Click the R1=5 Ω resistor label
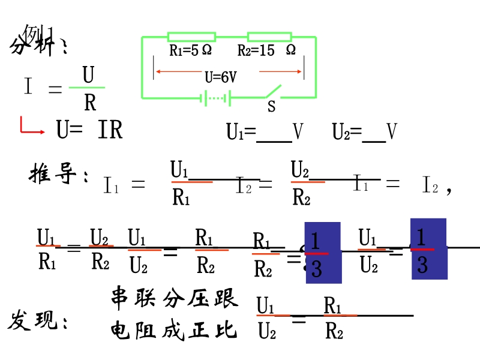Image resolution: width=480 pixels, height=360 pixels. [190, 51]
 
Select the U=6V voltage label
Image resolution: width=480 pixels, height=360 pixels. [221, 77]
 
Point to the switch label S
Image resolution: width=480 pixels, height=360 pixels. [271, 107]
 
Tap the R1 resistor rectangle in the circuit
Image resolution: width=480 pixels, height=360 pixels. [191, 37]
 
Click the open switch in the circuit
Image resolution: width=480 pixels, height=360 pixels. [272, 92]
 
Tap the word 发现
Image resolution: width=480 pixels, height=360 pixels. [37, 322]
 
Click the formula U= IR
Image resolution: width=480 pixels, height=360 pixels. [89, 130]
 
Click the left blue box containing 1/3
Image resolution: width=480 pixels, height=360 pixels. [323, 253]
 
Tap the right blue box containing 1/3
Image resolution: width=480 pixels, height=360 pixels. [428, 249]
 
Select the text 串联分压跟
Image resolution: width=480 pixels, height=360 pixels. [174, 298]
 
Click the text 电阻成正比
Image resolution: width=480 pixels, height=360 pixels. [174, 331]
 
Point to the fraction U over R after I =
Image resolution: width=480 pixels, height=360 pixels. [89, 89]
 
